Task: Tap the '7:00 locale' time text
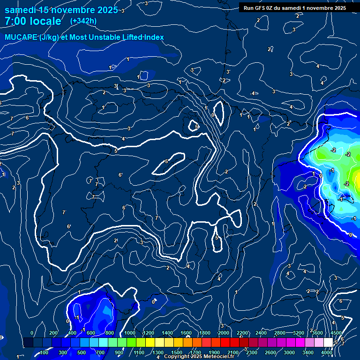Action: [33, 21]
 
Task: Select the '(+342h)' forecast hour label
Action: [83, 21]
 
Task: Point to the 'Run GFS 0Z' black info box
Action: [294, 8]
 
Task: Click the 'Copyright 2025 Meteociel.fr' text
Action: [199, 356]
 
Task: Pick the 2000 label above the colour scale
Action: [223, 333]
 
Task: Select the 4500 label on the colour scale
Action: [336, 333]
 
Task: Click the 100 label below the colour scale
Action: [44, 352]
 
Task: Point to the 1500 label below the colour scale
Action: [177, 352]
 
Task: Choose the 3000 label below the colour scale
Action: [290, 352]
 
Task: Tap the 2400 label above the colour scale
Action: [261, 333]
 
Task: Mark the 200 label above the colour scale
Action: [53, 333]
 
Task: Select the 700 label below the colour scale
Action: [100, 352]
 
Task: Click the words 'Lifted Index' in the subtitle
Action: [142, 37]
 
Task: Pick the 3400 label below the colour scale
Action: [308, 352]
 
